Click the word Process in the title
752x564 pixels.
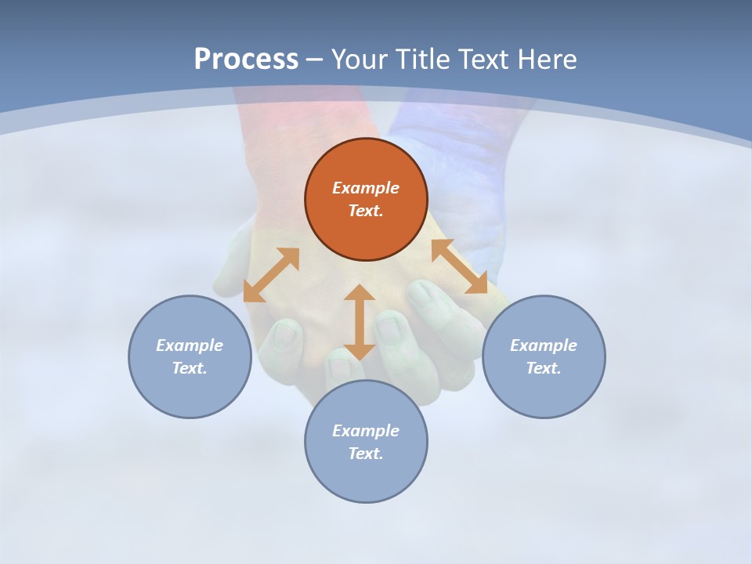click(246, 60)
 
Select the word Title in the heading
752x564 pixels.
click(426, 60)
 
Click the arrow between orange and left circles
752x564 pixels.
click(271, 275)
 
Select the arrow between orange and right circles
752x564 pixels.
click(460, 266)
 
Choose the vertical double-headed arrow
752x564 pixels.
click(360, 322)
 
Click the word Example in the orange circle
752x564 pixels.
click(366, 188)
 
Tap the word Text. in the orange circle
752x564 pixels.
click(366, 211)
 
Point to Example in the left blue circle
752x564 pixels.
click(190, 345)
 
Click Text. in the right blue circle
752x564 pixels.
click(544, 368)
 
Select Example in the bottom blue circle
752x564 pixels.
click(366, 431)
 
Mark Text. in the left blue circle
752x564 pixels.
click(190, 368)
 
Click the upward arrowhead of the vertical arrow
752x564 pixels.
click(360, 293)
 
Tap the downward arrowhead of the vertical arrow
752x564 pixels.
click(360, 351)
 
